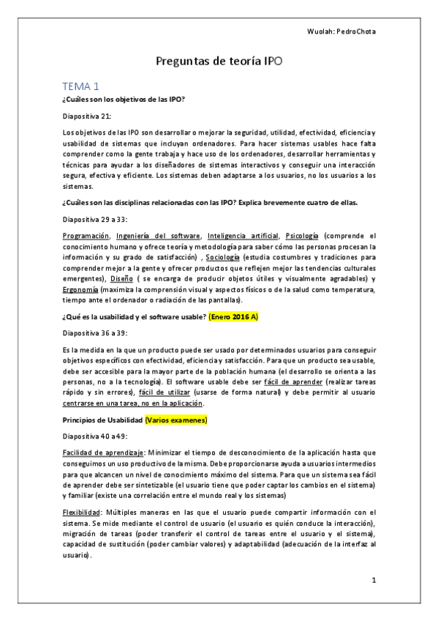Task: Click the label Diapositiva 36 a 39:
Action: (94, 333)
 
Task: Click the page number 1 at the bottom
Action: (373, 581)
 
